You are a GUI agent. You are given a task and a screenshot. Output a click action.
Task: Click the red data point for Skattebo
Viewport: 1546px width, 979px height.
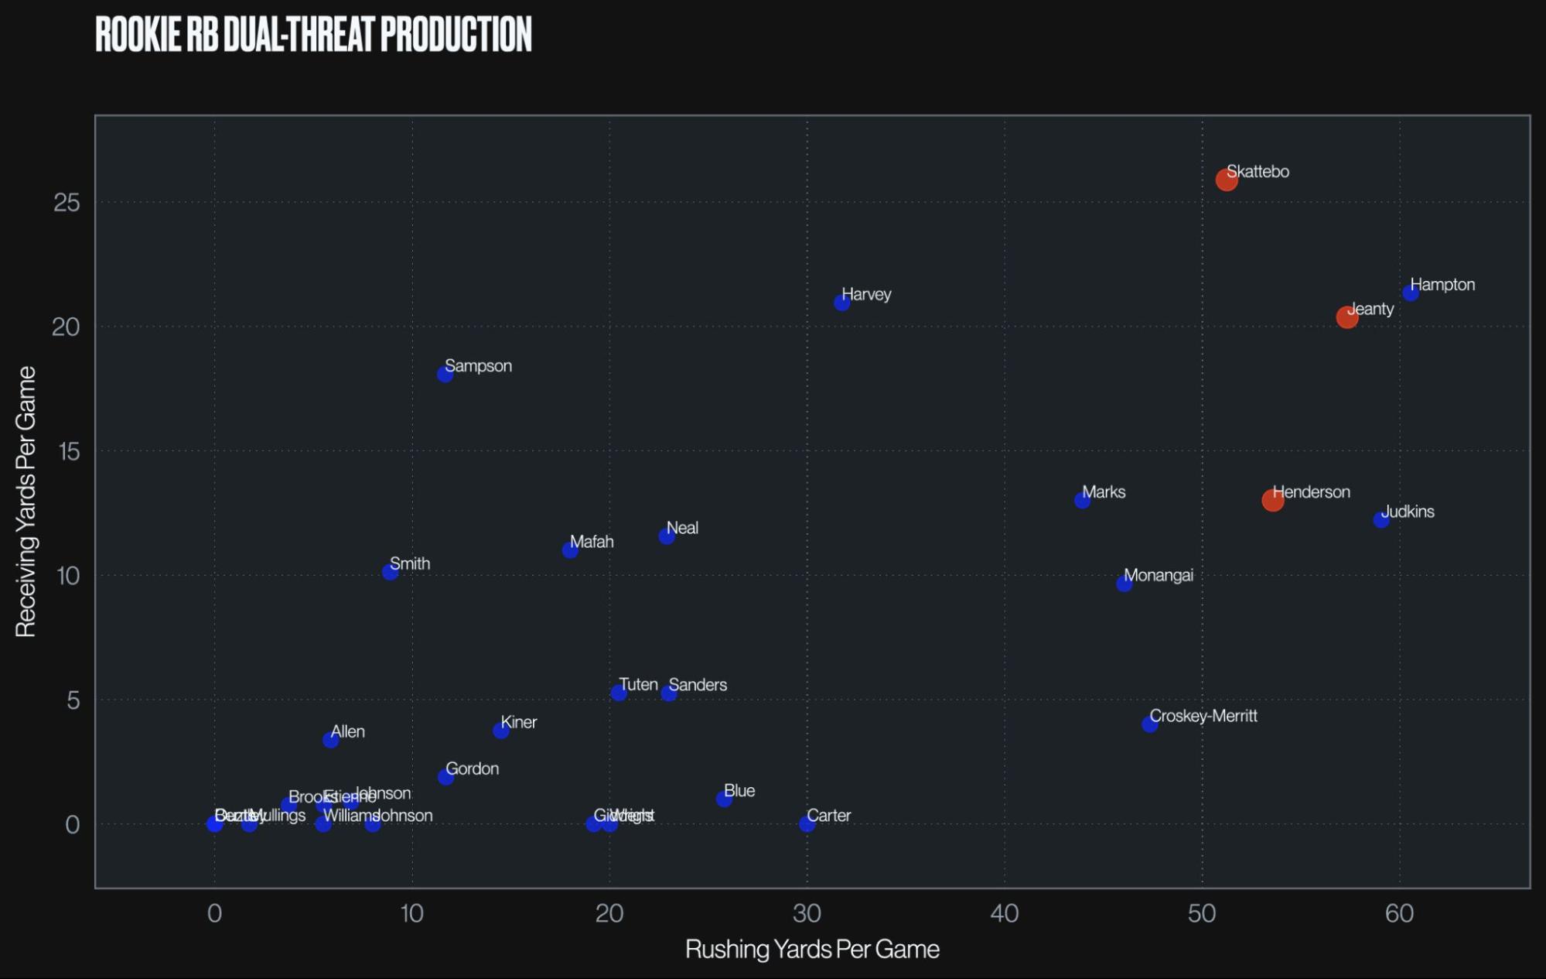(x=1227, y=180)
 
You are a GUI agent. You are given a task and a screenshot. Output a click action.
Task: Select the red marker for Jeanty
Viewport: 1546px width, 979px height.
(x=1346, y=317)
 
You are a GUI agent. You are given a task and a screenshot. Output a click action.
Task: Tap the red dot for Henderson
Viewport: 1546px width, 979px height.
(x=1272, y=500)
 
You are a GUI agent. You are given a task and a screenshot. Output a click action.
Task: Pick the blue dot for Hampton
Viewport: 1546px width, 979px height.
(x=1411, y=293)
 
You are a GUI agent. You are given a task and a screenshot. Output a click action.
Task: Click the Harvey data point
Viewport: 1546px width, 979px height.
(x=842, y=303)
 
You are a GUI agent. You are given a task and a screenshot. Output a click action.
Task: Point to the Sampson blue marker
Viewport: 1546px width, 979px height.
(x=445, y=375)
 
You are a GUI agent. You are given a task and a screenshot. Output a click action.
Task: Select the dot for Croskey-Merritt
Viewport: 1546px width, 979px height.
(x=1150, y=724)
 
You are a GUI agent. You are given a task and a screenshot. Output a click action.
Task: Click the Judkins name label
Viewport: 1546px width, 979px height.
(x=1408, y=512)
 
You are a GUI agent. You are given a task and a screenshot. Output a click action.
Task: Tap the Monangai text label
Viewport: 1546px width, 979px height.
(x=1158, y=575)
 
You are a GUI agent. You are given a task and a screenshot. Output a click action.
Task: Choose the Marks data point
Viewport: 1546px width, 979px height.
(x=1082, y=501)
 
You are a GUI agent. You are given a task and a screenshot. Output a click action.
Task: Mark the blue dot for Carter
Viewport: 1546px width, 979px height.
(x=807, y=824)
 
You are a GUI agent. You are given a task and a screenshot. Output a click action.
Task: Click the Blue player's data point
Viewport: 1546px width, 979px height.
(x=724, y=799)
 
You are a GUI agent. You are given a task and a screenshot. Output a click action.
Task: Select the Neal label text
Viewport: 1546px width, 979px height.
(x=682, y=528)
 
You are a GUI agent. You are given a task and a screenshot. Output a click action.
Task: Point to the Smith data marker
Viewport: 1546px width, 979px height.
(x=390, y=572)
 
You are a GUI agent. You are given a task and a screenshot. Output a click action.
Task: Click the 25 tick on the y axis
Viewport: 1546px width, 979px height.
(x=67, y=203)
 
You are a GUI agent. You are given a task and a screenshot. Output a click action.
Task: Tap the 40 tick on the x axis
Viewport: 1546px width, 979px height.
(x=1004, y=914)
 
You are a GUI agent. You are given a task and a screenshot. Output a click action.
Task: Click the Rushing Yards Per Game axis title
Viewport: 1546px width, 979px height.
(x=812, y=950)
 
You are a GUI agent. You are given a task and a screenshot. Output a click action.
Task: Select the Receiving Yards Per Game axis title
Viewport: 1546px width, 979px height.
(x=26, y=501)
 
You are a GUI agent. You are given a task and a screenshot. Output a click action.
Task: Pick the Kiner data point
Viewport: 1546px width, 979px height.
(x=501, y=731)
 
